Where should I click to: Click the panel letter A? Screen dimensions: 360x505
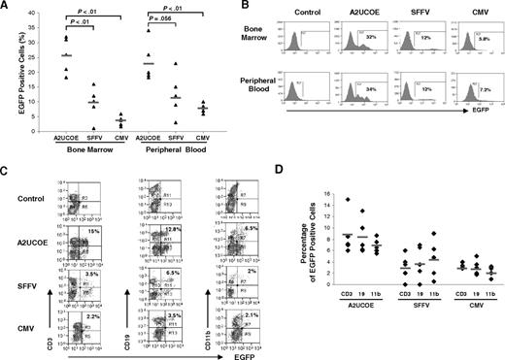pyautogui.click(x=6, y=8)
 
